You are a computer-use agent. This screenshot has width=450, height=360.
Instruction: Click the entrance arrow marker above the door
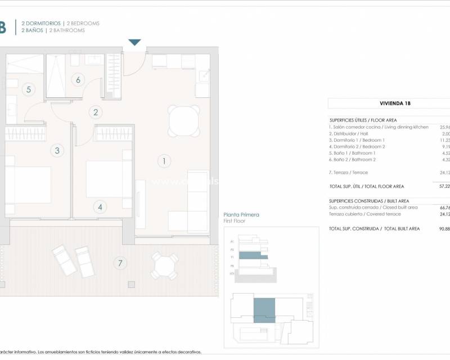coord(135,43)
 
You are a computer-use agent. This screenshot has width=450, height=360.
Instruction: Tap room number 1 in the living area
coord(164,161)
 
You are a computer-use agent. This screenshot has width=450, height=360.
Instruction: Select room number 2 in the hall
coord(96,112)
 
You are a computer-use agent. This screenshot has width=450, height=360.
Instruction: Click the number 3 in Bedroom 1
coord(56,150)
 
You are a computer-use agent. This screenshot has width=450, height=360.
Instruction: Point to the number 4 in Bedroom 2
coord(100,207)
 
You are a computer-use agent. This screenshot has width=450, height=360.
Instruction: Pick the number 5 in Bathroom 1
coord(28,89)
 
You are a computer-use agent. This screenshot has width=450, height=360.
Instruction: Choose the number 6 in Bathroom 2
coord(79,80)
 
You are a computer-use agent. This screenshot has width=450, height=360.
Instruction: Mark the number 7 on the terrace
coord(119,262)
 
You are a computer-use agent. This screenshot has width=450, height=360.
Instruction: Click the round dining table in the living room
coord(184,120)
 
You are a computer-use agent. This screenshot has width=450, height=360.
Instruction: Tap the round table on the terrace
coord(164,265)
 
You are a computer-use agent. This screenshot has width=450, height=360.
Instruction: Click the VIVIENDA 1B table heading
coord(388,103)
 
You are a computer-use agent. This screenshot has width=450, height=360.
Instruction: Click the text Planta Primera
coord(241,215)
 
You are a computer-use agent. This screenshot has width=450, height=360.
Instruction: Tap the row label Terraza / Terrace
coord(348,173)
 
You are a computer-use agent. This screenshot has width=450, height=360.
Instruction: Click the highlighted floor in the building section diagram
coord(253,255)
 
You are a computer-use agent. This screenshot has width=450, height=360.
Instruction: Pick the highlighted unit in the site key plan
coord(264,310)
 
